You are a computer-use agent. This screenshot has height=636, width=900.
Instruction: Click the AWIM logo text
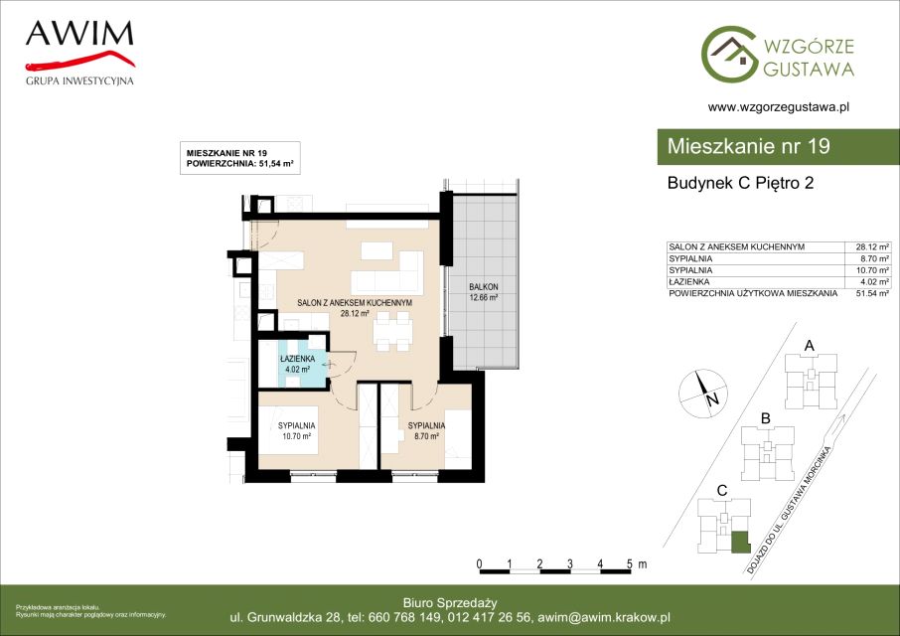[79, 34]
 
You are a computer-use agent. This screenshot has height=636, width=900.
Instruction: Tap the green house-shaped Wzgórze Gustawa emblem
[729, 54]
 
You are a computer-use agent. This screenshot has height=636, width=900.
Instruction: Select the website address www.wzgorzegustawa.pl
[779, 106]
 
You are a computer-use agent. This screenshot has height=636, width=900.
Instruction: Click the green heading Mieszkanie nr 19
[748, 146]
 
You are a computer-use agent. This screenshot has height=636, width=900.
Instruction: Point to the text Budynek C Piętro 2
[740, 183]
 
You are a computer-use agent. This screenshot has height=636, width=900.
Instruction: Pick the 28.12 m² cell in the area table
[872, 246]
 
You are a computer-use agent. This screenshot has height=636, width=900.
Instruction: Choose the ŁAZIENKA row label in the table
[688, 282]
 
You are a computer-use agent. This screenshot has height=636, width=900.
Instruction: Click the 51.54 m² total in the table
[872, 293]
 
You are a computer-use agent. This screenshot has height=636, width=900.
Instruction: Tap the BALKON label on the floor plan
[484, 286]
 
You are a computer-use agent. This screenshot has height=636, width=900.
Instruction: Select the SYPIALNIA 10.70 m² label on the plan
[297, 430]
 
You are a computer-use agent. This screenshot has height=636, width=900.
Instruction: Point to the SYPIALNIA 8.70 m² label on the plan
[426, 430]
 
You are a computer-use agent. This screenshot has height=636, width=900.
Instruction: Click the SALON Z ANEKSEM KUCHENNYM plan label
[355, 302]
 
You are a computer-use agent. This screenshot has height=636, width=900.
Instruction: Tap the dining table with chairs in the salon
[393, 331]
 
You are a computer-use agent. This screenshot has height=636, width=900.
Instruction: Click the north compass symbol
[703, 394]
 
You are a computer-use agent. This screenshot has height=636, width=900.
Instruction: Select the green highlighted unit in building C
[740, 542]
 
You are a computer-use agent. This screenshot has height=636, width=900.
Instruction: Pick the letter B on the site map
[765, 419]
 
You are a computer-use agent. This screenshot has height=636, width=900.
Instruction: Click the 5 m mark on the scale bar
[630, 564]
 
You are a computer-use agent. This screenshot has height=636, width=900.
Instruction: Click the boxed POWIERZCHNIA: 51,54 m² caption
[240, 164]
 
